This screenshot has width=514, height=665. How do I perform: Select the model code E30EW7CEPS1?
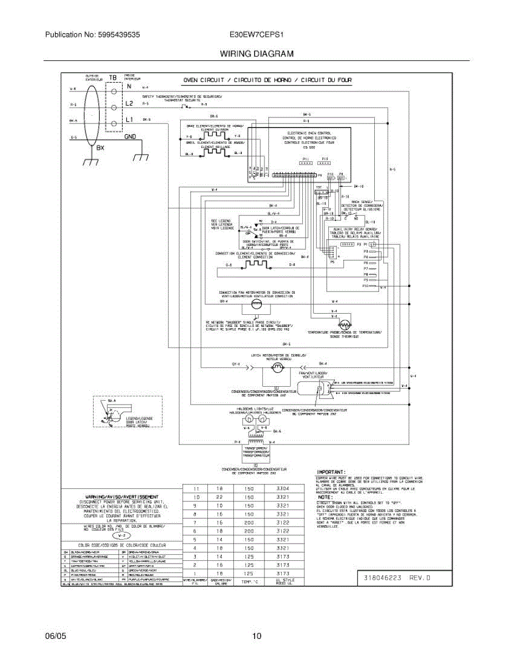256,34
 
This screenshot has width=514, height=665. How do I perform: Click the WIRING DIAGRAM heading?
256,54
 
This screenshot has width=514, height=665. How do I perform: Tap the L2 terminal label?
129,104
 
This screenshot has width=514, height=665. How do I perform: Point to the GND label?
130,137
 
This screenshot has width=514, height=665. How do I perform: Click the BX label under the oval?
100,148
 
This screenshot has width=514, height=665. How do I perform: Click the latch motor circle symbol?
277,367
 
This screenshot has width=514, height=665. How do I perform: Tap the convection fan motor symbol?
256,304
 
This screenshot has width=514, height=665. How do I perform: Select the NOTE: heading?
324,497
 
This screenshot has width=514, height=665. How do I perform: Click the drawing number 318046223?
383,577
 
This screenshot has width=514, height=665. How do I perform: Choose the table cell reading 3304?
282,489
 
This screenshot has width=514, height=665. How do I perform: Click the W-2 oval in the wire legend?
123,536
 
